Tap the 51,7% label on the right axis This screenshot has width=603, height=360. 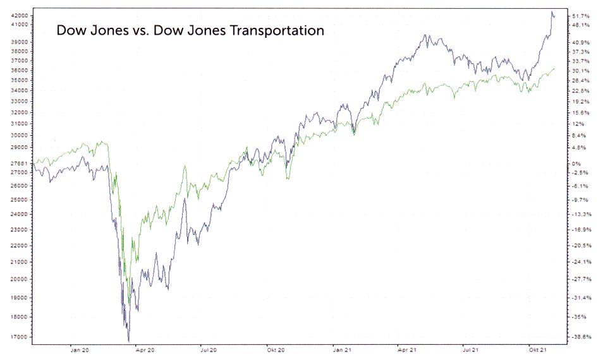tap(581, 15)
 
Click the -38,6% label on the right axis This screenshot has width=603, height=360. tap(580, 337)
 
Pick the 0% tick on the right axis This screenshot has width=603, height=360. tap(576, 164)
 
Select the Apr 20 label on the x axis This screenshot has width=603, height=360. tap(144, 348)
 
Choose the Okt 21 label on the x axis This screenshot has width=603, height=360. tap(538, 348)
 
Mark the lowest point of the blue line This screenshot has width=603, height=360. tap(128, 341)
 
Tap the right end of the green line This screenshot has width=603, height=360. tap(554, 69)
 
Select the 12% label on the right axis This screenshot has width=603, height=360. tap(576, 124)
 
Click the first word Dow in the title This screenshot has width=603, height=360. tap(70, 30)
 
